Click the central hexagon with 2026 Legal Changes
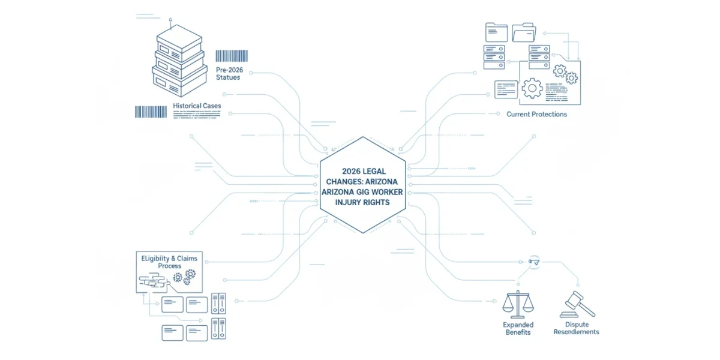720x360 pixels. (362, 185)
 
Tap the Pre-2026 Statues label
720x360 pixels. (229, 74)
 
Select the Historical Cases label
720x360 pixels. (197, 106)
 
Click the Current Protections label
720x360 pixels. (536, 114)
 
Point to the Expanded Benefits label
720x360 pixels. (518, 329)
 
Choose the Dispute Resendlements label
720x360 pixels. (577, 328)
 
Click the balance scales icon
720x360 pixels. (518, 304)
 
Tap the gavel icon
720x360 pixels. (578, 304)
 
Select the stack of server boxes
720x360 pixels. (179, 61)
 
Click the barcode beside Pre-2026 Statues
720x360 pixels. (232, 56)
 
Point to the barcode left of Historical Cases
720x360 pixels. (151, 112)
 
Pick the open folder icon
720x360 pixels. (524, 32)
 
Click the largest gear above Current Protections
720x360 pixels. (532, 88)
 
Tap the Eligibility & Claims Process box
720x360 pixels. (169, 272)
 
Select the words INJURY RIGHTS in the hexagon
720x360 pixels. (362, 203)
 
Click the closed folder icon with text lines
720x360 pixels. (496, 32)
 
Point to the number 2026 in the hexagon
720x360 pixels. (350, 172)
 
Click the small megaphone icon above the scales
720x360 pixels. (534, 262)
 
